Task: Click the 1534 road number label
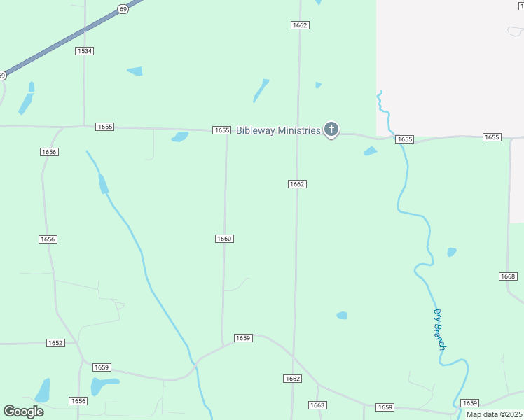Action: [85, 51]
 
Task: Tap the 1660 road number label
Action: [224, 239]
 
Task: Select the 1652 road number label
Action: [55, 343]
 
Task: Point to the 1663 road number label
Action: [317, 405]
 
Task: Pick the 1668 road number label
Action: [508, 276]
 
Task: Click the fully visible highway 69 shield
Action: [123, 8]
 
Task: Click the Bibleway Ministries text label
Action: [278, 130]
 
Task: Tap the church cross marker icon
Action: [331, 129]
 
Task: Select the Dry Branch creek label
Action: [439, 329]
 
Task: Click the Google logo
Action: [24, 412]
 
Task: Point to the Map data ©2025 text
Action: [494, 414]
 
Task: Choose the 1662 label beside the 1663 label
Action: [293, 379]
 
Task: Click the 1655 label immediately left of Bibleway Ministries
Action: [221, 130]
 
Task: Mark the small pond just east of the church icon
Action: [371, 150]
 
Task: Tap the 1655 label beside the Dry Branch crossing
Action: [404, 139]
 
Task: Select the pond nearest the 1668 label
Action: [452, 252]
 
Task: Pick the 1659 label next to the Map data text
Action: [469, 403]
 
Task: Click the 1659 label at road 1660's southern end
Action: [242, 338]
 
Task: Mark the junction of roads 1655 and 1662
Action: [299, 131]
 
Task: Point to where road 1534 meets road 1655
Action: [85, 126]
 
